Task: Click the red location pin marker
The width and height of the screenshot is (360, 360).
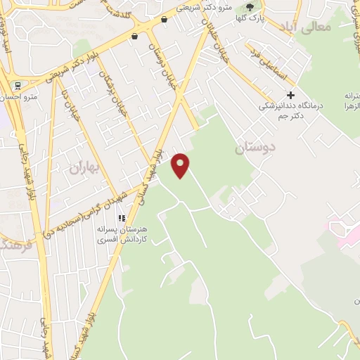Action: click(x=181, y=165)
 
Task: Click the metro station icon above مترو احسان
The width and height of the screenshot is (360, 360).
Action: click(x=17, y=86)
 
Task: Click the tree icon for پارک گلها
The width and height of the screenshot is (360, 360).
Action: click(x=249, y=8)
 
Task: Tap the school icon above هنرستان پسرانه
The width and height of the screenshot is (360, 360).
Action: click(x=121, y=219)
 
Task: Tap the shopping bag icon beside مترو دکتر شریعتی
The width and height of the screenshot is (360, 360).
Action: click(x=165, y=20)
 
